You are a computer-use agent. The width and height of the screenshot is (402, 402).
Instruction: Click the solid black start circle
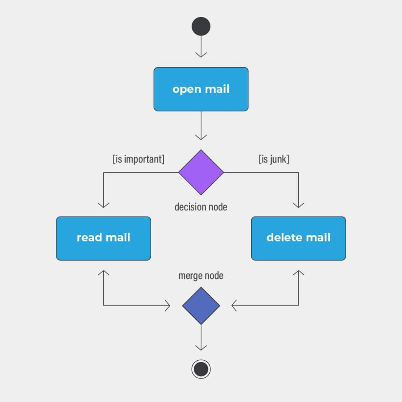point(201,26)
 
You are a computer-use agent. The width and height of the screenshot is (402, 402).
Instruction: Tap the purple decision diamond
point(201,172)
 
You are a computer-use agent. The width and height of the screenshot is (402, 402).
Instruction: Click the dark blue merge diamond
point(201,305)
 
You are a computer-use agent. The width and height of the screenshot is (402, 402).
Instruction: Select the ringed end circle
point(201,369)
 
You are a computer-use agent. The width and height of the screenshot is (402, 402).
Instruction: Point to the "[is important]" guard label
point(138,159)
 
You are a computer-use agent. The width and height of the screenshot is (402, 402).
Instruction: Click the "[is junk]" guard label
point(274,159)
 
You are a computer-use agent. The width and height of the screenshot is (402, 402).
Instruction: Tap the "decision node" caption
point(201,206)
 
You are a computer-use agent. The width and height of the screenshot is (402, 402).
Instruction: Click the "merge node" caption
point(201,276)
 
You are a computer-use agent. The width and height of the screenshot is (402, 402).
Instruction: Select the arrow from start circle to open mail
point(201,47)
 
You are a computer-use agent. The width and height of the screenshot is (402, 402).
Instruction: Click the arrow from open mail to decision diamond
point(201,126)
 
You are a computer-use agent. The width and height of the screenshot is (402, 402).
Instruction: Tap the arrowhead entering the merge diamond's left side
point(168,305)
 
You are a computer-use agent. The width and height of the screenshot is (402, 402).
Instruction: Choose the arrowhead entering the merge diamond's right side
point(234,305)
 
